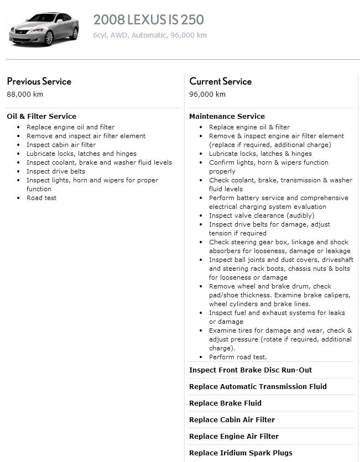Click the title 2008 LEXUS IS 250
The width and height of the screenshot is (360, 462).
click(148, 20)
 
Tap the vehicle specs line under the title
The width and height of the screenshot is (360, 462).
click(149, 35)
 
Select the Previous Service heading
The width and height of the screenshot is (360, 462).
click(39, 81)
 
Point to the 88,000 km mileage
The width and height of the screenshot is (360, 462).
click(25, 94)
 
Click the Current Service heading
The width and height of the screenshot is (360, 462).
click(220, 81)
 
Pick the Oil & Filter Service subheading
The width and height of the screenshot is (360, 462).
click(41, 116)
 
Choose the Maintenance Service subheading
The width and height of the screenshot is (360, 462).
click(227, 116)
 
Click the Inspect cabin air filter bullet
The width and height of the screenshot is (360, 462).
click(61, 145)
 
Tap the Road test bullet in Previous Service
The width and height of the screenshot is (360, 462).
click(41, 198)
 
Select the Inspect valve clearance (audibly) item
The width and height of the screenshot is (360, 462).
click(262, 216)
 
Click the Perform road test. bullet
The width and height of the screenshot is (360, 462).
click(238, 357)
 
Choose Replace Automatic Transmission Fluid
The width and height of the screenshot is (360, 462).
click(258, 387)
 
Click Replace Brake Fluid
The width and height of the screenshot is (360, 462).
click(225, 403)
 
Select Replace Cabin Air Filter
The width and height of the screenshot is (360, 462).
click(232, 420)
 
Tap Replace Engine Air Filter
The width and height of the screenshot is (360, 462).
click(233, 437)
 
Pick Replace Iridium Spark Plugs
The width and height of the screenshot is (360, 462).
click(241, 453)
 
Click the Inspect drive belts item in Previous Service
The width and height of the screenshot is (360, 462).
click(56, 171)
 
